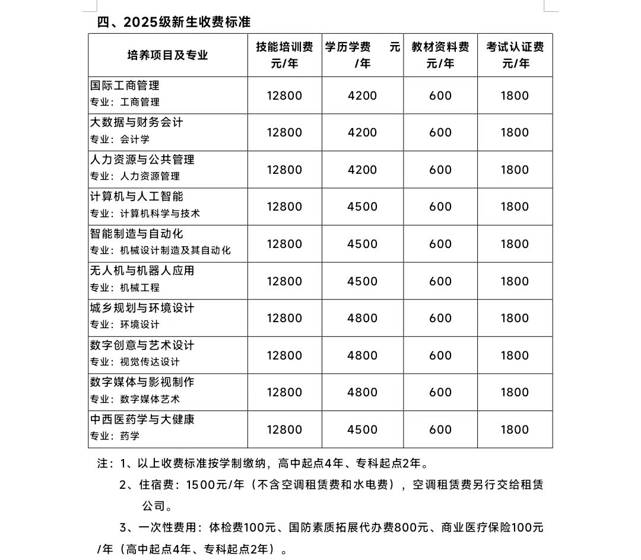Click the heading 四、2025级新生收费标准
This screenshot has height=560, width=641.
pos(174,22)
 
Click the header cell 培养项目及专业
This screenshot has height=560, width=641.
pos(167,55)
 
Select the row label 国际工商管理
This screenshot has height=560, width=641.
pos(125,86)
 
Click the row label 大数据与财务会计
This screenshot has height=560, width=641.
pos(137,122)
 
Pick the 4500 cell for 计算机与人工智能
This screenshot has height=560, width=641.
pos(362,206)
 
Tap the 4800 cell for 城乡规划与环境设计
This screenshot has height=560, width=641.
pos(362,318)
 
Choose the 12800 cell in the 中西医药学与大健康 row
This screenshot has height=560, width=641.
pos(284,429)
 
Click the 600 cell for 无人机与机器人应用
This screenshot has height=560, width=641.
pos(440,281)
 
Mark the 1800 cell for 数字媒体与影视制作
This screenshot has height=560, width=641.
pos(515,392)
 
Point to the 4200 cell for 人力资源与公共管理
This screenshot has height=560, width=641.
pos(362,170)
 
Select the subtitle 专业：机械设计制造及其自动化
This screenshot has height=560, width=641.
pos(160,250)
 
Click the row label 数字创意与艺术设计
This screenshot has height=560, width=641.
pos(142,345)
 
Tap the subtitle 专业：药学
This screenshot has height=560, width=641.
pos(115,436)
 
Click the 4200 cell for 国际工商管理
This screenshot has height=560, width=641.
pos(362,96)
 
